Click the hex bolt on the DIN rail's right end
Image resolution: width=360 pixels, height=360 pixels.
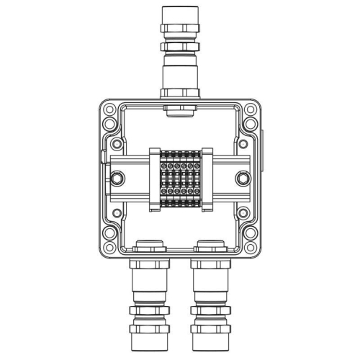243,177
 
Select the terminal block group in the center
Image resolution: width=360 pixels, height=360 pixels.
179,180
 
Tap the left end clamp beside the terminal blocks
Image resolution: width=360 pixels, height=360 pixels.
153,180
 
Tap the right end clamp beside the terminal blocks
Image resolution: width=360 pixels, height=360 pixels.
206,180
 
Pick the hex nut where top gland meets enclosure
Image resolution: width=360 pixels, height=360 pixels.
179,91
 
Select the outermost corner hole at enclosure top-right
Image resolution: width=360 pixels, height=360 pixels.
252,111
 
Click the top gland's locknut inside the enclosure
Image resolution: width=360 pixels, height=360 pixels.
179,110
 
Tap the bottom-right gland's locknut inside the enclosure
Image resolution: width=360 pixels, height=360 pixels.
211,243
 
